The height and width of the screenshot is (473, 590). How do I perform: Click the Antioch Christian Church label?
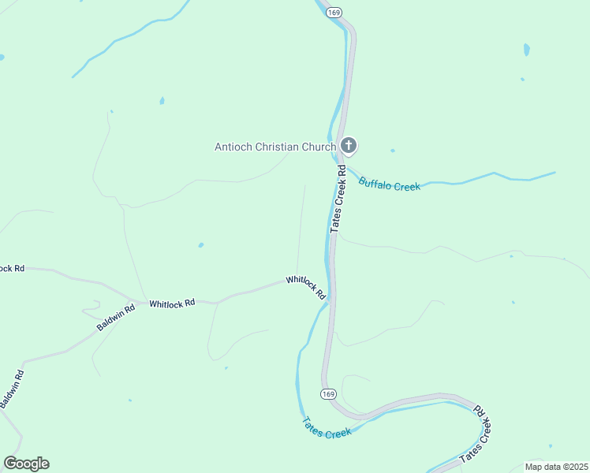click(275, 147)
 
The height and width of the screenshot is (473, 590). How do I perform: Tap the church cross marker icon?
click(349, 146)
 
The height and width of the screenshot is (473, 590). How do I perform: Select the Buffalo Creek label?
click(390, 184)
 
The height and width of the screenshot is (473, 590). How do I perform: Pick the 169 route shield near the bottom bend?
click(329, 393)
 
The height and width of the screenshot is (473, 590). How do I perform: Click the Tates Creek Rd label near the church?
click(338, 198)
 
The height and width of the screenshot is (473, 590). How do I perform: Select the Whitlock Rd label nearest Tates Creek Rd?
click(306, 286)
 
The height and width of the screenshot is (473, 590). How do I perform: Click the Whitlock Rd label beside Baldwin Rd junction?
click(172, 304)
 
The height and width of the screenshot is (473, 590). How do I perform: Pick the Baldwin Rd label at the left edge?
click(13, 389)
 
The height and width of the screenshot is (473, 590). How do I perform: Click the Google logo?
click(26, 464)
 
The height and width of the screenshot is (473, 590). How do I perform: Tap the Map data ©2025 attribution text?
click(556, 467)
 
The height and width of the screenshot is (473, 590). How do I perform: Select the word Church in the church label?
click(319, 147)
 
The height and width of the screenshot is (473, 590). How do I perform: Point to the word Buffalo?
click(375, 183)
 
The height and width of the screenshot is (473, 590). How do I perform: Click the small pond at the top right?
click(526, 50)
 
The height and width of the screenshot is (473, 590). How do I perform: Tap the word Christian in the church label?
click(277, 147)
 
